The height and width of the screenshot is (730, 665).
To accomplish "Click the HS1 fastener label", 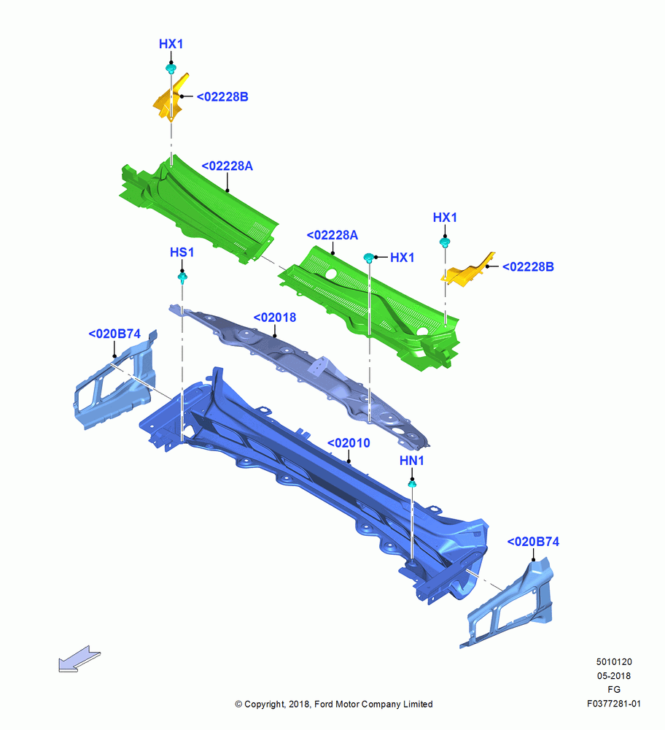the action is tap(182, 253).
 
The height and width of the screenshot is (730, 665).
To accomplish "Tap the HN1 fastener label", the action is tap(411, 461).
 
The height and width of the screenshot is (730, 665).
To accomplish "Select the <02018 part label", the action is tap(274, 318).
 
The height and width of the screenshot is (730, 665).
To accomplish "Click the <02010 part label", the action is tap(349, 443).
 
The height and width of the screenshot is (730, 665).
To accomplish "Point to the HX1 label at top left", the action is tap(171, 44).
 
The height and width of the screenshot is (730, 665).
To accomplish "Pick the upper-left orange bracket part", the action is tap(170, 97).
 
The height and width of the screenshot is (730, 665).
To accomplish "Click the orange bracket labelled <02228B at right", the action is tap(468, 270).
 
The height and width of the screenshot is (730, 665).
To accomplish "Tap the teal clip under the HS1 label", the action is tap(182, 278).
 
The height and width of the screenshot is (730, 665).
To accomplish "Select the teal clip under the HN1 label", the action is tap(412, 485).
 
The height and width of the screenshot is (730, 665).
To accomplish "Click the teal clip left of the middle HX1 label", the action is tap(368, 258).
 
